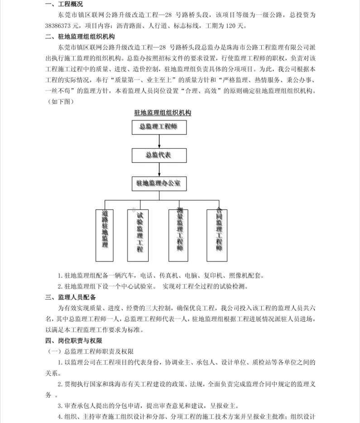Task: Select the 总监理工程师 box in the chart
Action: pyautogui.click(x=158, y=127)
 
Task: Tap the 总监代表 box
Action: pyautogui.click(x=158, y=155)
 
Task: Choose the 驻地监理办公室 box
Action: pyautogui.click(x=158, y=184)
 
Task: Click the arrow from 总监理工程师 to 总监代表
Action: pyautogui.click(x=159, y=141)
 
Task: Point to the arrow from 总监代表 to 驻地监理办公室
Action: pyautogui.click(x=159, y=169)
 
